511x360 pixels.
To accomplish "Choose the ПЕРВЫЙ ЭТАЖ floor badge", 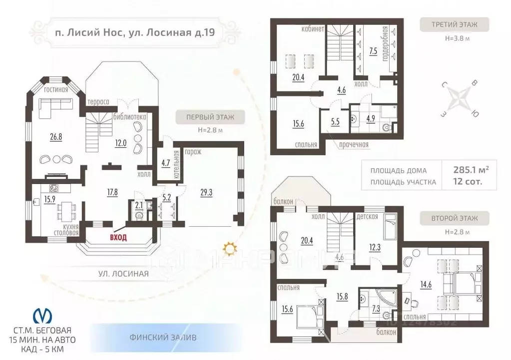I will click(210, 118).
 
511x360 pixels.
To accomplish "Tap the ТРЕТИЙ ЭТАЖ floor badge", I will click(454, 24).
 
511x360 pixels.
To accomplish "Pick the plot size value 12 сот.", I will click(468, 181).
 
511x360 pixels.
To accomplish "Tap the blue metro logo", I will click(42, 316).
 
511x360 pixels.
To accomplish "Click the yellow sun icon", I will click(229, 247).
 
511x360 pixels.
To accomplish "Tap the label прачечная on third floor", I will click(352, 145).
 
